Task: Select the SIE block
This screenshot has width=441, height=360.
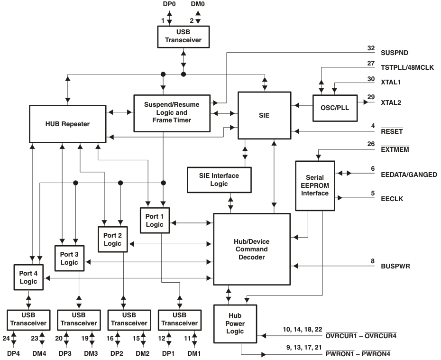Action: pyautogui.click(x=264, y=115)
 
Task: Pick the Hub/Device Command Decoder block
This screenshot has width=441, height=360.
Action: pyautogui.click(x=251, y=249)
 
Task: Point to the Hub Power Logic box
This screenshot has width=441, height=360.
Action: pyautogui.click(x=235, y=324)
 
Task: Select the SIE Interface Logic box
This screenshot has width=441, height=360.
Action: pyautogui.click(x=219, y=179)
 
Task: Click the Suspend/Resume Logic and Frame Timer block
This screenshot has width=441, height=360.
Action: pyautogui.click(x=173, y=112)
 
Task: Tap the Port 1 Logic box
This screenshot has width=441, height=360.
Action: pyautogui.click(x=155, y=220)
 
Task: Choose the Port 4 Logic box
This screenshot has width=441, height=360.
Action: pyautogui.click(x=28, y=277)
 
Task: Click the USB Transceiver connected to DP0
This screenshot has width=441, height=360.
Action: pyautogui.click(x=183, y=36)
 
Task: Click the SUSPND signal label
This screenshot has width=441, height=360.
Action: pyautogui.click(x=395, y=53)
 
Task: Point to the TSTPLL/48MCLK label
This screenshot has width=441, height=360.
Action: pyautogui.click(x=407, y=67)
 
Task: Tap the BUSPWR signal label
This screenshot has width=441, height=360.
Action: pyautogui.click(x=395, y=267)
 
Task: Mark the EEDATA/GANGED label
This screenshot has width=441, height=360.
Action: pyautogui.click(x=409, y=175)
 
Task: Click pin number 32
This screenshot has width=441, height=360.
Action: pyautogui.click(x=371, y=48)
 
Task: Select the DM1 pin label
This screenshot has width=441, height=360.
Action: pyautogui.click(x=194, y=353)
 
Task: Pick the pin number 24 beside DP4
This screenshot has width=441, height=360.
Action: pyautogui.click(x=6, y=338)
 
